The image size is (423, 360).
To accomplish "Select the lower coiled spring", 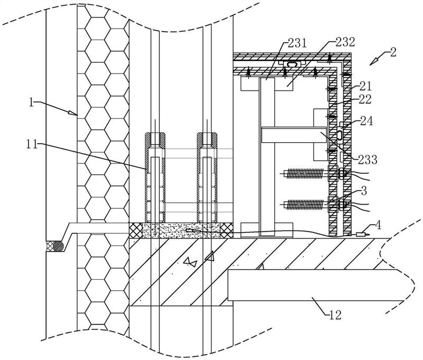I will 305,204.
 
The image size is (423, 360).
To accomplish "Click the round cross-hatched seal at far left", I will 56,246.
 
